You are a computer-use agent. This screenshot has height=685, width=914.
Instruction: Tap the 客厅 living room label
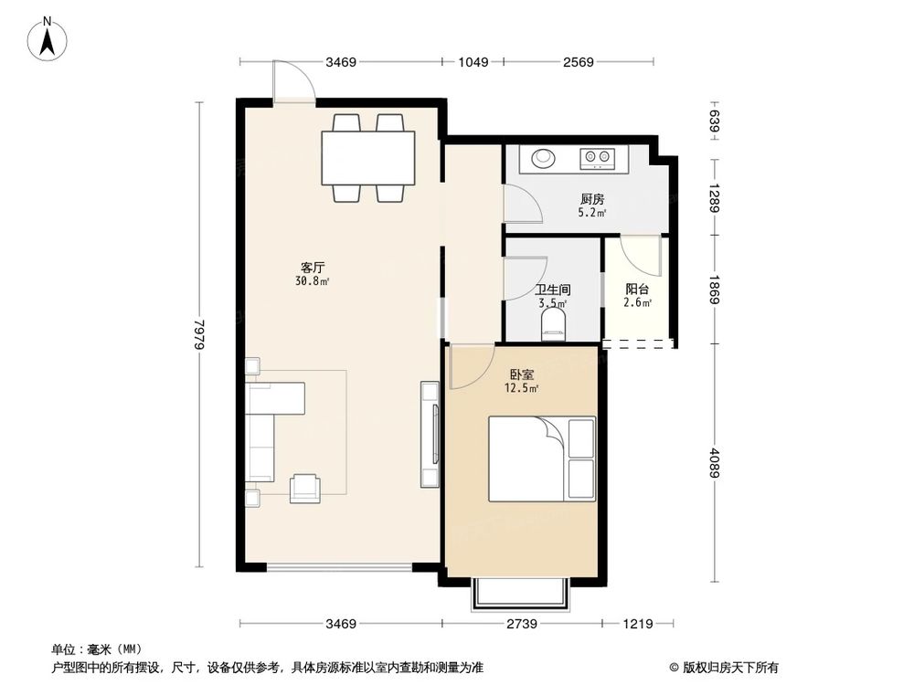pos(314,268)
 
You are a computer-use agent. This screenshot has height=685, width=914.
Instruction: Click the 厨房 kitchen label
pos(591,199)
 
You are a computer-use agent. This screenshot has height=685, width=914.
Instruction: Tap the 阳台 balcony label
pos(636,290)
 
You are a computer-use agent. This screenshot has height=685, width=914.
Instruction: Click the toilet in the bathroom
pos(553,324)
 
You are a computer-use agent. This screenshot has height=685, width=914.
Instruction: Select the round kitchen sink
pos(544,159)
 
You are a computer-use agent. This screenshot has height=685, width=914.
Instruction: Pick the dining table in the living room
pos(368,158)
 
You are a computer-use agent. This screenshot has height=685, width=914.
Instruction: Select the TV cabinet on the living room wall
pos(429,434)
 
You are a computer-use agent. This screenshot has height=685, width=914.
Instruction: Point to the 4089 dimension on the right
pos(716,463)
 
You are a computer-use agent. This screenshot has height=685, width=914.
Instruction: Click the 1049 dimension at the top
pos(473,62)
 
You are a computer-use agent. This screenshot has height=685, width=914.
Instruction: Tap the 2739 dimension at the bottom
pos(522,624)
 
